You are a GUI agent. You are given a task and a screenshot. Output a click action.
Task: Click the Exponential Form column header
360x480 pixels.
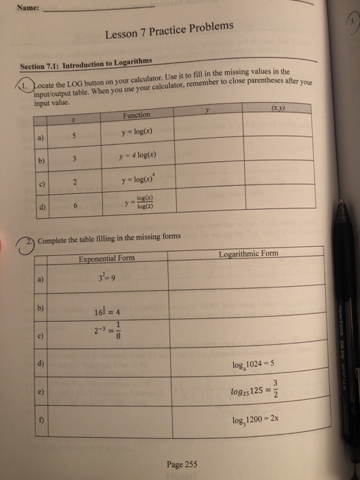[x=106, y=258]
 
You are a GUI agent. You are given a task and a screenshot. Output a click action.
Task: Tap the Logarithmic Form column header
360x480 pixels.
[x=248, y=254]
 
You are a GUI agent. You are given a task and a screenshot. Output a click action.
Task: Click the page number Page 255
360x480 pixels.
[x=182, y=464]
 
